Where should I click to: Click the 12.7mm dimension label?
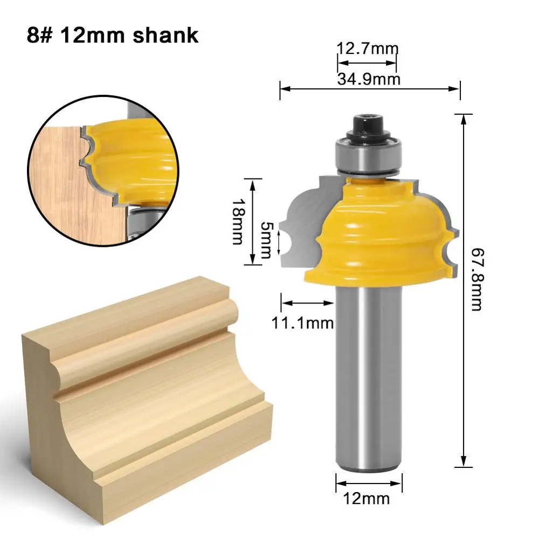coord(367,49)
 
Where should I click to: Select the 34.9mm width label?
coord(369,79)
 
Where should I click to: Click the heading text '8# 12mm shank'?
coord(112,36)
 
